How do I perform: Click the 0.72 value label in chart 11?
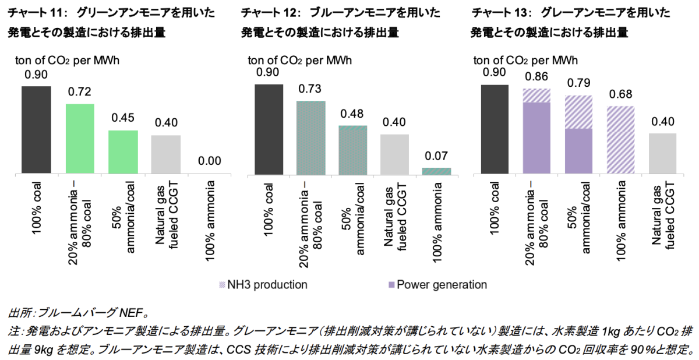click(x=80, y=92)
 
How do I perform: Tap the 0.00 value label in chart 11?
click(x=210, y=161)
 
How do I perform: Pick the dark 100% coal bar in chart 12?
click(x=269, y=129)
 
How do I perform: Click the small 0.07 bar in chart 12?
click(x=436, y=171)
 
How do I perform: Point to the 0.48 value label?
click(x=352, y=113)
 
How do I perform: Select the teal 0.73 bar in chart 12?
click(x=310, y=137)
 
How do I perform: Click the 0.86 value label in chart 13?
click(x=536, y=76)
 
